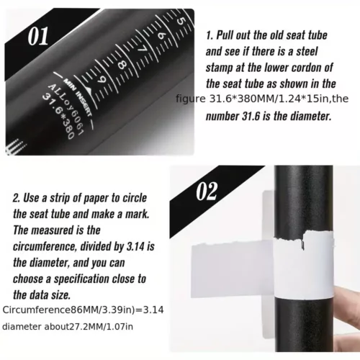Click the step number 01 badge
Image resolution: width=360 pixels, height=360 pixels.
coord(38,36)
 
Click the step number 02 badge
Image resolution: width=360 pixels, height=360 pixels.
coord(207,191)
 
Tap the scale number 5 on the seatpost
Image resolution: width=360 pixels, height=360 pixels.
coord(181,21)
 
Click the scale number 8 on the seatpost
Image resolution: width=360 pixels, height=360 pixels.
coord(122,65)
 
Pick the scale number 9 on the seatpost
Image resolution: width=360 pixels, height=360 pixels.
coord(102,80)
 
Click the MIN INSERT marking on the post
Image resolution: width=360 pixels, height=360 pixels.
coord(76,98)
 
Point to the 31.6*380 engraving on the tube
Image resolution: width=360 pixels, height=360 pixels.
coord(58,117)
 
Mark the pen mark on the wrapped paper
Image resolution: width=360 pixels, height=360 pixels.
coord(302,246)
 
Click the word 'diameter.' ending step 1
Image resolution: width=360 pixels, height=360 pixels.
coord(311,116)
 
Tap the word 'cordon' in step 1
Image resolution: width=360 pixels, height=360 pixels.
coord(302,68)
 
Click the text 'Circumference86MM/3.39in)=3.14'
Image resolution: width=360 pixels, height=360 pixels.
coord(83,310)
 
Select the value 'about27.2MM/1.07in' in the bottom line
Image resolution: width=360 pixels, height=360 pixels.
coord(89,327)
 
